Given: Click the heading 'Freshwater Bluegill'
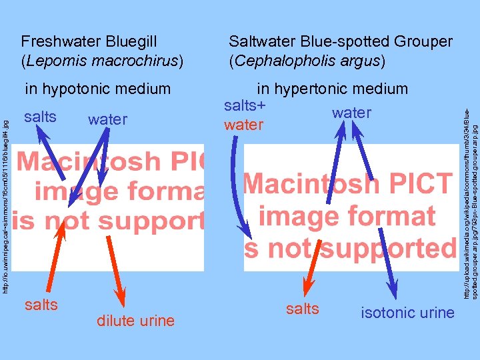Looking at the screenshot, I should tap(89, 42).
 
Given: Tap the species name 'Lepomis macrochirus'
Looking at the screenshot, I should tap(102, 61).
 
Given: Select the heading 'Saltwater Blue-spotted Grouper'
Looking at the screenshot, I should tap(340, 42).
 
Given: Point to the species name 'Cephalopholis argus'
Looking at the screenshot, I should tap(307, 61).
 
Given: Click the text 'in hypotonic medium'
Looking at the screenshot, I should tap(97, 89).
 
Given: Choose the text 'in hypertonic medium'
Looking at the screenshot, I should tap(332, 89).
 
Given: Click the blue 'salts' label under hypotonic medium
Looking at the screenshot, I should tap(41, 117).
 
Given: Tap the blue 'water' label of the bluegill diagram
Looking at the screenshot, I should tap(107, 120).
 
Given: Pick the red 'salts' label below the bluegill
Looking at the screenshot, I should tap(41, 305).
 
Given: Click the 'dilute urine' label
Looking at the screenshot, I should tap(135, 321).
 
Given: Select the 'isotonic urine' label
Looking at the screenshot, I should tap(407, 312).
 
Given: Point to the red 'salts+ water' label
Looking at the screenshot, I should tap(245, 115).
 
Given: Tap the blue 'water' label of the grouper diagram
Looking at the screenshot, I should tap(351, 113).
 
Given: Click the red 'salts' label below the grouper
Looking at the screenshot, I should tap(303, 309).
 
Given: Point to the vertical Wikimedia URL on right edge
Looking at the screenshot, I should tap(469, 193).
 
